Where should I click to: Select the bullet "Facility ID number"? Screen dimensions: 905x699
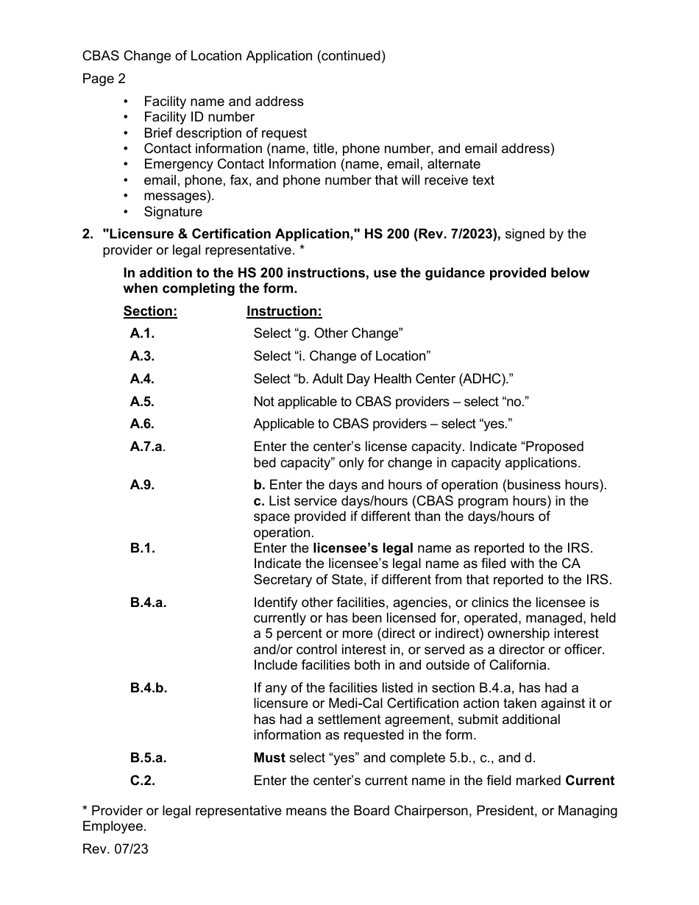coord(199,117)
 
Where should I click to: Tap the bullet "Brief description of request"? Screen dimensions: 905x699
coord(225,133)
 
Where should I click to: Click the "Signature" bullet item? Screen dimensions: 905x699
coord(173,212)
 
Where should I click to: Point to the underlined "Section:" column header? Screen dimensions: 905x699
coord(150,311)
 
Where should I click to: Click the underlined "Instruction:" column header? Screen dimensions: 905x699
coord(284,311)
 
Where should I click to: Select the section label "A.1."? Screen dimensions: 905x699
coord(142,333)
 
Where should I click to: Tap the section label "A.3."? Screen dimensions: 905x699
coord(142,356)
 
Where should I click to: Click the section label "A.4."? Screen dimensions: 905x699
coord(142,379)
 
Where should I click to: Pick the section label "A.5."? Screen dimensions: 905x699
coord(142,402)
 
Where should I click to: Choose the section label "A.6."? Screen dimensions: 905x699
coord(142,424)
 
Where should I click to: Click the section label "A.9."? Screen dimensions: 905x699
coord(142,486)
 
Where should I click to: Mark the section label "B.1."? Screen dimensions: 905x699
coord(143,548)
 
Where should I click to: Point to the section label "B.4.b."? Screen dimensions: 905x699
coord(149,688)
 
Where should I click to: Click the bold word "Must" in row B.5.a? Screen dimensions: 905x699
coord(269,758)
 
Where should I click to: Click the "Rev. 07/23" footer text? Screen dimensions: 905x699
coord(116,848)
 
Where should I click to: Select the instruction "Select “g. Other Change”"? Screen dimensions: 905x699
coord(328,333)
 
